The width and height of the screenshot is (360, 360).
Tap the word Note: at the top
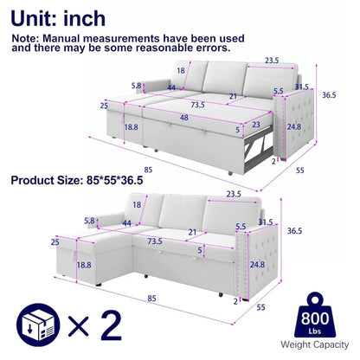click(x=30, y=38)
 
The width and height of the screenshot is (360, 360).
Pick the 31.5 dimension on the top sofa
click(x=301, y=87)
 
